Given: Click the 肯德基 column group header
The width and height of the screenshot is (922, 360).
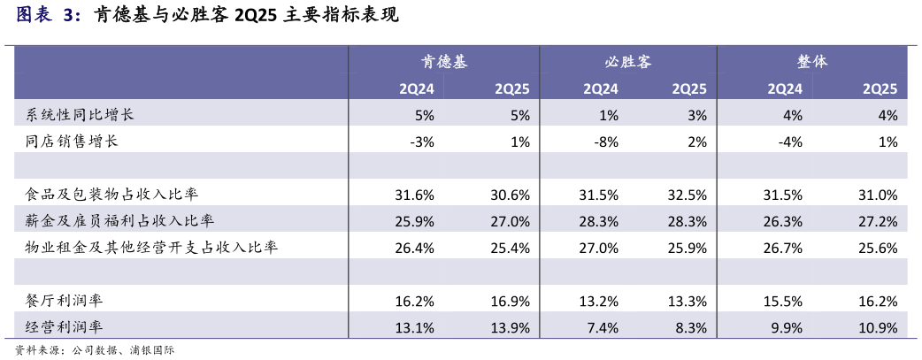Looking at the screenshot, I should pos(443,63).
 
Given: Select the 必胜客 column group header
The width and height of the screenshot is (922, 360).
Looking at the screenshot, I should pos(628,63).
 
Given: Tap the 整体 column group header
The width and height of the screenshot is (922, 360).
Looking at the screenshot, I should pos(812,63).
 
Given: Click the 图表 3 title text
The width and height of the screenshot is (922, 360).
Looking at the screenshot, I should pos(49,17).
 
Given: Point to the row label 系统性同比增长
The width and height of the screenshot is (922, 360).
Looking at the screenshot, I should pos(80,115).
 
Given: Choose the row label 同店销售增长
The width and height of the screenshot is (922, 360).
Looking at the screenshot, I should pos(73,142).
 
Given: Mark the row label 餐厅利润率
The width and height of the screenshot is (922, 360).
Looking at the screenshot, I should pos(65,301).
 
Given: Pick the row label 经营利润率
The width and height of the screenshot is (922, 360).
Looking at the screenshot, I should pos(65,327).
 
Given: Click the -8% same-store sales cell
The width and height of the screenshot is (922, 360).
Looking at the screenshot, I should pos(605,142).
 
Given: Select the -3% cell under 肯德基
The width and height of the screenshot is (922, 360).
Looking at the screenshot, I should pos(422,142).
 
